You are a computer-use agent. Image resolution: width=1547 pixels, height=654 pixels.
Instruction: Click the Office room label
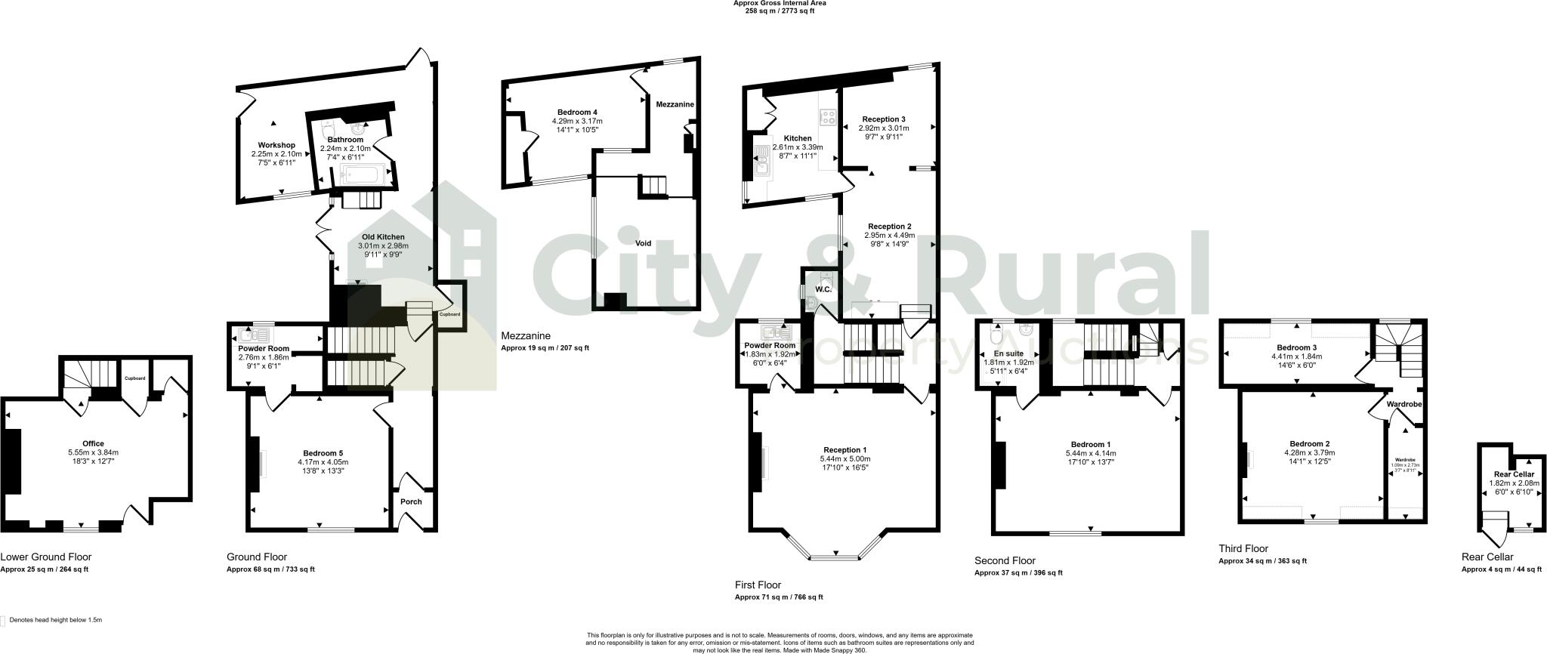click(93, 443)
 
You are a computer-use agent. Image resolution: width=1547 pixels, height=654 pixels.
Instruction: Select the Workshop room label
click(276, 145)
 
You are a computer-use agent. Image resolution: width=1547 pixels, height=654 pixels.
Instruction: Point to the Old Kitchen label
click(383, 237)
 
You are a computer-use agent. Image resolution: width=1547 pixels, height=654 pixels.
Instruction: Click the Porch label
click(411, 501)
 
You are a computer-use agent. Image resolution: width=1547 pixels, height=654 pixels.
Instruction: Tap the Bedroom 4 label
click(577, 113)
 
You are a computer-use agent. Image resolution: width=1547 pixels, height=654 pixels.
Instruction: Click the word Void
click(643, 243)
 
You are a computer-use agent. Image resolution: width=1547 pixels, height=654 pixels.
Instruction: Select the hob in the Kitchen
click(828, 118)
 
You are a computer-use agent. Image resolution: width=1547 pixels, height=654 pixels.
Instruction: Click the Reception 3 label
click(884, 119)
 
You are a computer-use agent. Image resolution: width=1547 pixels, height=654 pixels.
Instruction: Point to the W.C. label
click(823, 289)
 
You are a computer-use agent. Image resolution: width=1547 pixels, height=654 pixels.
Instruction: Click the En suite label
click(1008, 353)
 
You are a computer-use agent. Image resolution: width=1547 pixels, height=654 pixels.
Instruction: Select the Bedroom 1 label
click(1091, 444)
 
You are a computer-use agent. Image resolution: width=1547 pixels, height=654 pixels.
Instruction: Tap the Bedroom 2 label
click(1310, 444)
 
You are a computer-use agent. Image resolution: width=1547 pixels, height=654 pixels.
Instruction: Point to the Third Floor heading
click(1243, 548)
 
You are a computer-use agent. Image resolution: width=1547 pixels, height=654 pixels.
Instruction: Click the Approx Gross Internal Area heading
click(780, 3)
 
